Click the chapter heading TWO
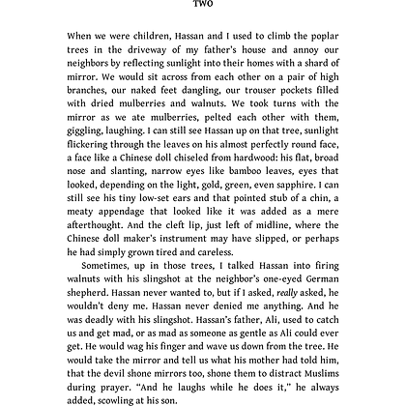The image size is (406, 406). point(202,4)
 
